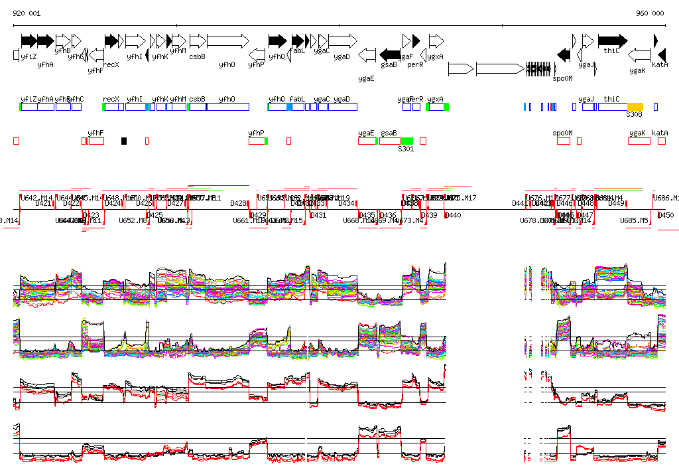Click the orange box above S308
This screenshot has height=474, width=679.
coord(635,107)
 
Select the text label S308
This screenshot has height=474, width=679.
coord(635,115)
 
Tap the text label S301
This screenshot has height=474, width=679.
coord(406,149)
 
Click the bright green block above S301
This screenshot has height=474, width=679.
coord(407,141)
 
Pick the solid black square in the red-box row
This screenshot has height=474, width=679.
coord(124,141)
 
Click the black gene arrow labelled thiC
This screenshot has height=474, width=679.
coord(612,41)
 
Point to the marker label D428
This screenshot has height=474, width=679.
coord(238,203)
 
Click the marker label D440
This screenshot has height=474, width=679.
coord(453,215)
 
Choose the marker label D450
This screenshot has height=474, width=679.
coord(666,215)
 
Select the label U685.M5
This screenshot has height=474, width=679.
coord(635,220)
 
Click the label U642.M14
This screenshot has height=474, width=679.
coord(36,198)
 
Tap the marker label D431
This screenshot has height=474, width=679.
coord(318,215)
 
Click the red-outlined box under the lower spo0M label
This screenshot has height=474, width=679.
coord(564,141)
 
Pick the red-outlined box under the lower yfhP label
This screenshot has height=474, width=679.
coord(257,141)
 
